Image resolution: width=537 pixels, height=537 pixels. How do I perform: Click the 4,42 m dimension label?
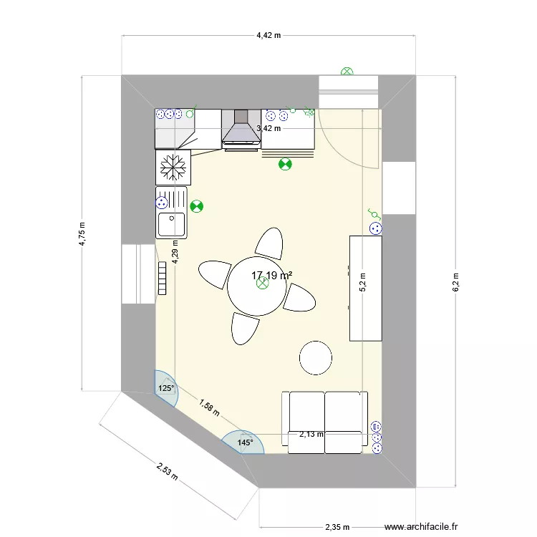pyautogui.click(x=269, y=34)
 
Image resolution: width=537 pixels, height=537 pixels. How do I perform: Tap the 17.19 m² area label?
pyautogui.click(x=271, y=275)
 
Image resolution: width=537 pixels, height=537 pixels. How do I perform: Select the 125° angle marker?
pyautogui.click(x=165, y=389)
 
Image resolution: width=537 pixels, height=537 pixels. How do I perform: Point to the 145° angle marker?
pyautogui.click(x=245, y=443)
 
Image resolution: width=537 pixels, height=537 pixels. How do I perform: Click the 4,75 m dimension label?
pyautogui.click(x=84, y=233)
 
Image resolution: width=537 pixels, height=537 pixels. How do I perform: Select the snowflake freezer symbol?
pyautogui.click(x=173, y=167)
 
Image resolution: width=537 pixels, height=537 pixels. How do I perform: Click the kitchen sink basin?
pyautogui.click(x=172, y=224)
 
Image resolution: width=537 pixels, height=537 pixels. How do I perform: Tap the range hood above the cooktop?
pyautogui.click(x=241, y=129)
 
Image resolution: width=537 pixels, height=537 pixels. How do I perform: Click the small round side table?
pyautogui.click(x=316, y=357)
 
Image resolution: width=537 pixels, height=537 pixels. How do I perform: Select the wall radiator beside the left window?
pyautogui.click(x=163, y=277)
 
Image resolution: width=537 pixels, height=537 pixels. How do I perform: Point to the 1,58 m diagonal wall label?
pyautogui.click(x=209, y=407)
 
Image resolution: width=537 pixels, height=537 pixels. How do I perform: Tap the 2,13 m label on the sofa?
pyautogui.click(x=311, y=434)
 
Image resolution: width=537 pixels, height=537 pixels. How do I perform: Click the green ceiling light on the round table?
pyautogui.click(x=263, y=284)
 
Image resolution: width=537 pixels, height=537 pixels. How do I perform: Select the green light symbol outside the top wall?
pyautogui.click(x=347, y=72)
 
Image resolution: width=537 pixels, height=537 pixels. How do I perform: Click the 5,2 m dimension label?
pyautogui.click(x=363, y=281)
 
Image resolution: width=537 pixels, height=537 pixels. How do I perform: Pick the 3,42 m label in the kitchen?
pyautogui.click(x=268, y=128)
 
